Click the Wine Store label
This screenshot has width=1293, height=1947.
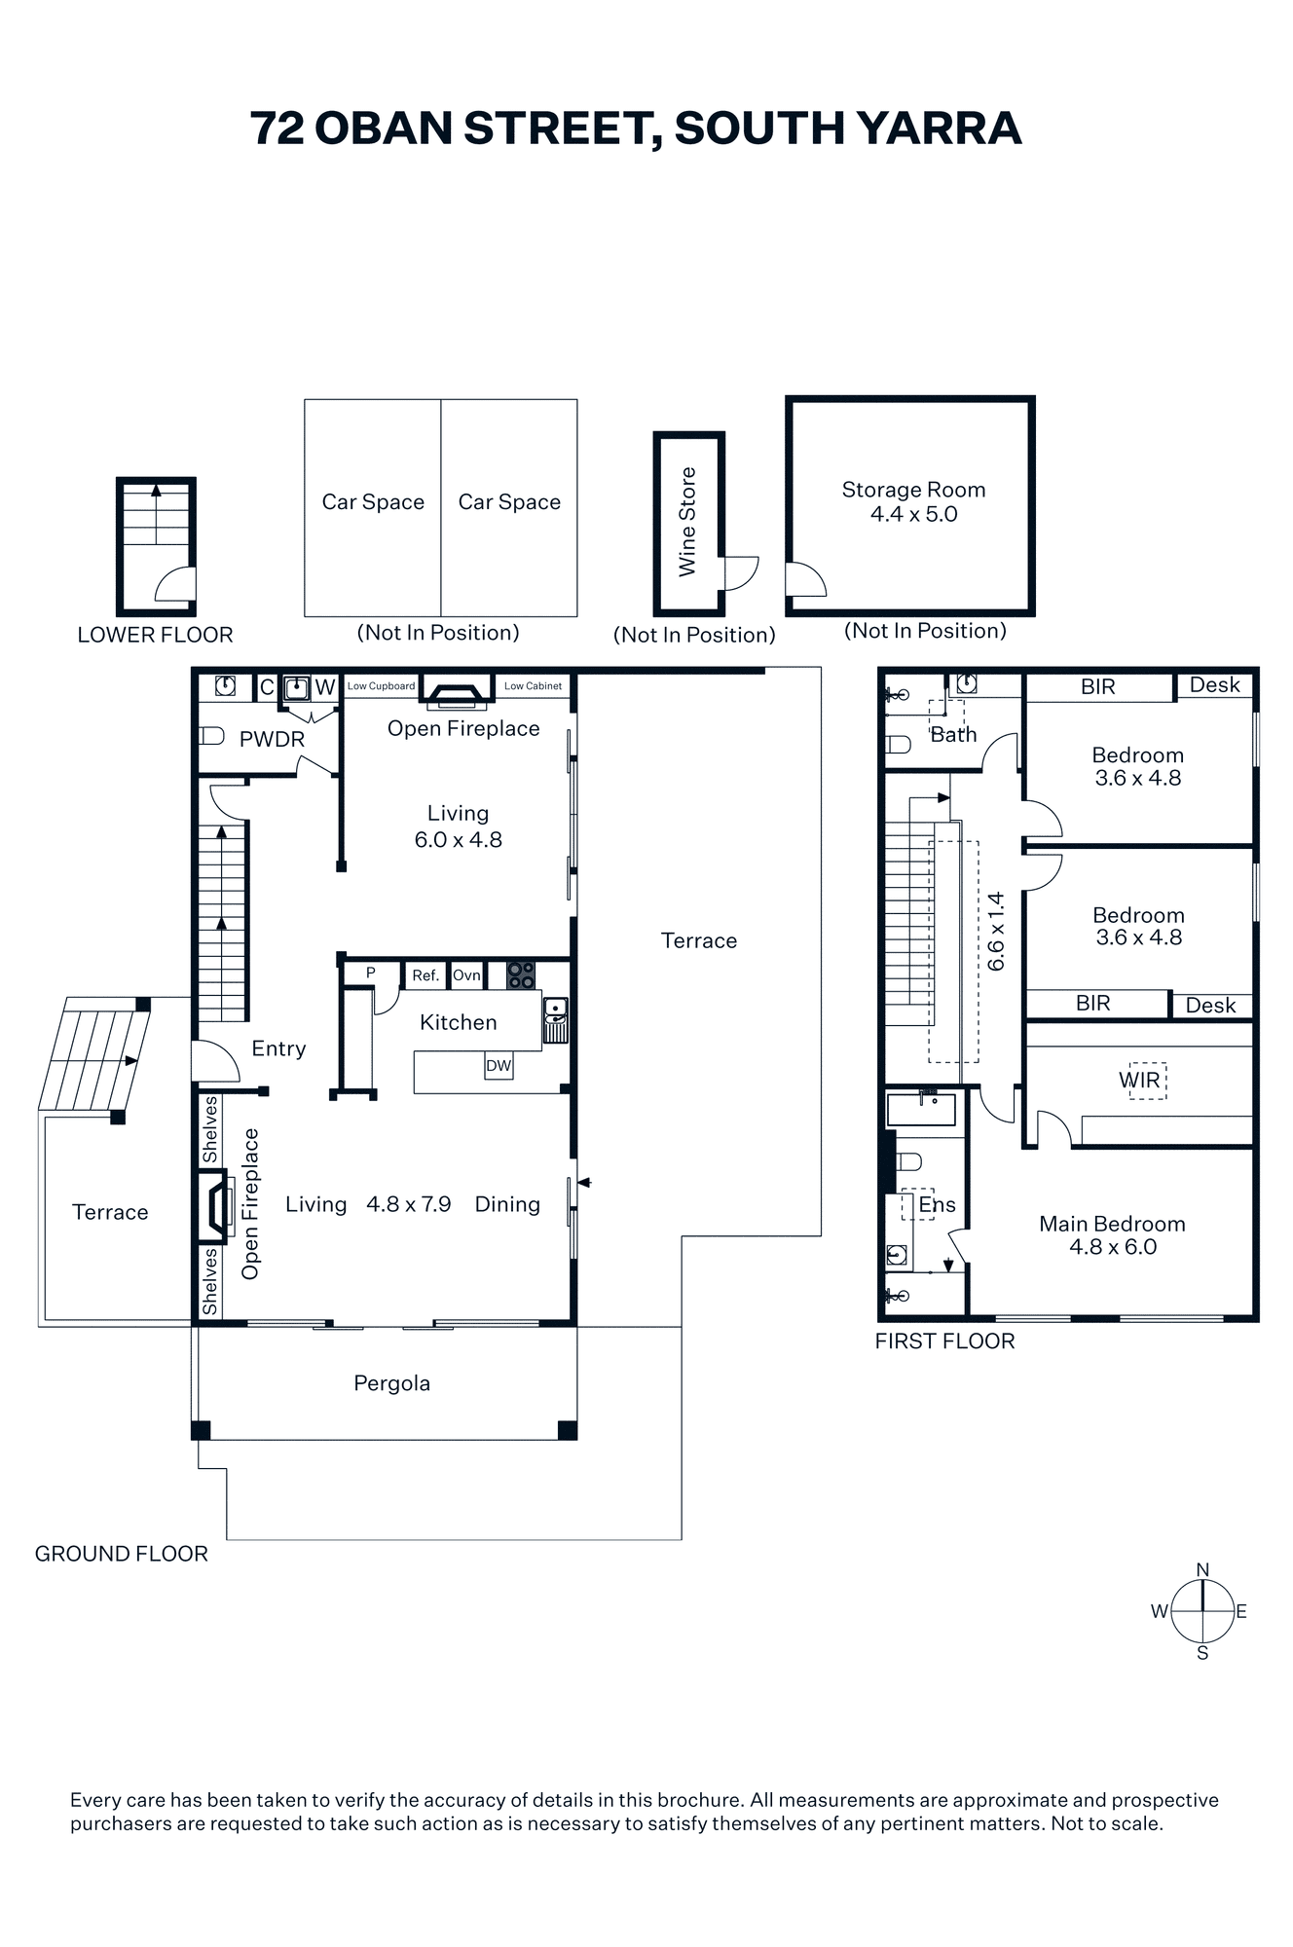(687, 522)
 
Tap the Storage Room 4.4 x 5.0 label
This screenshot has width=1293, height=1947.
(913, 502)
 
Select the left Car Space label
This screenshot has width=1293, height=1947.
(373, 502)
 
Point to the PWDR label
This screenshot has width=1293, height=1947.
(272, 739)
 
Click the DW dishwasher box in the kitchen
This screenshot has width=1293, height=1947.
(499, 1065)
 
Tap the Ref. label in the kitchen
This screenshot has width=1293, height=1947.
(425, 975)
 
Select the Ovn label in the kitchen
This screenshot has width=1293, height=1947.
(466, 975)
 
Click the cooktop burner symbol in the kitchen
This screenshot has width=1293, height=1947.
(521, 974)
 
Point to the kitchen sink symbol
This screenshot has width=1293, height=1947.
(555, 1020)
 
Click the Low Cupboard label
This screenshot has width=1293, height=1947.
(381, 686)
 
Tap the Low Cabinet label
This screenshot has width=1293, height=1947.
(533, 686)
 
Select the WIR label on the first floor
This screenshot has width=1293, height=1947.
(1139, 1080)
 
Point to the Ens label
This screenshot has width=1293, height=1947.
(937, 1205)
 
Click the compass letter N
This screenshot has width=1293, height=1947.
(1202, 1569)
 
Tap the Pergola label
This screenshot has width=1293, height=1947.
(391, 1383)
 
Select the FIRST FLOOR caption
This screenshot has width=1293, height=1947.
(944, 1341)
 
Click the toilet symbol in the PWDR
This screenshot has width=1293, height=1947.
(211, 736)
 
